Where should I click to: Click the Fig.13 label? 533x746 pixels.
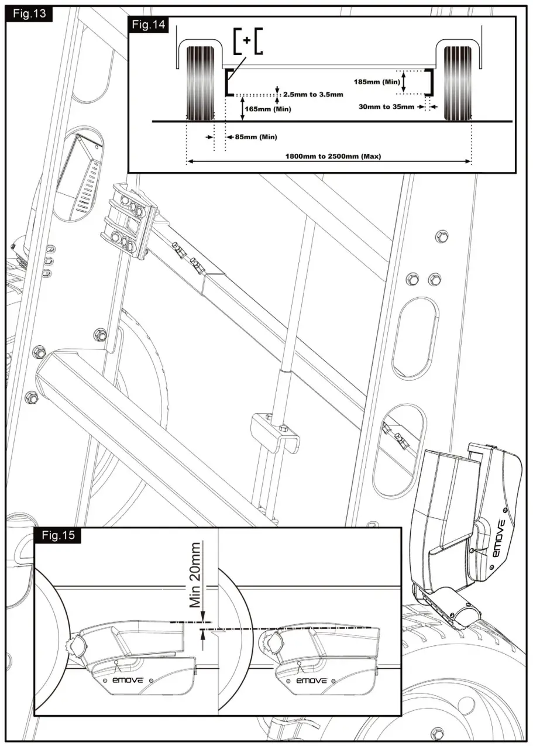(30, 13)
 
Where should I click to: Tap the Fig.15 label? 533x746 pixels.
(57, 535)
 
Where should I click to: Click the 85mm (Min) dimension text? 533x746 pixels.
(256, 137)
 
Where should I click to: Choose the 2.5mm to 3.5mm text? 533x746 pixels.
(312, 94)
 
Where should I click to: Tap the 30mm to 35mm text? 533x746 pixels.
(386, 106)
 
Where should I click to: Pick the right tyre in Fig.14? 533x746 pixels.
(458, 82)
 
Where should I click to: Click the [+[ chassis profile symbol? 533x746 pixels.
(247, 40)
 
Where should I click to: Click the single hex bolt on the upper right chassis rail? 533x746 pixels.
(442, 236)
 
